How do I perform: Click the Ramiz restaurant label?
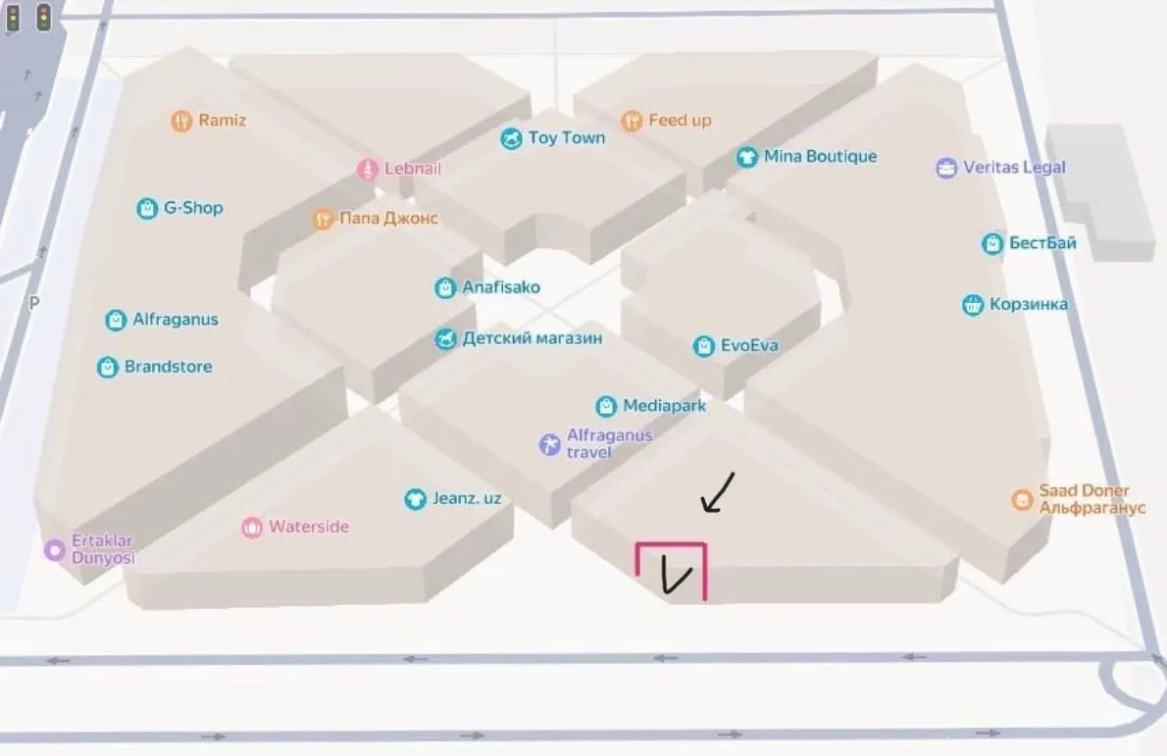tap(222, 121)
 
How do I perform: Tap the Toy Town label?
tap(567, 137)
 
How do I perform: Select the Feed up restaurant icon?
tap(632, 121)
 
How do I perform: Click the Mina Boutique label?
tap(820, 156)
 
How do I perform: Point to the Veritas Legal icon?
tap(946, 169)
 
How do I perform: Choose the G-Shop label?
tap(193, 208)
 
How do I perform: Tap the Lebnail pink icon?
tap(368, 170)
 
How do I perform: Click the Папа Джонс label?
tap(388, 219)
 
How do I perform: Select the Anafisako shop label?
tap(501, 287)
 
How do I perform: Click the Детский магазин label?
tap(533, 338)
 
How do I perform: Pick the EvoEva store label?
tap(748, 345)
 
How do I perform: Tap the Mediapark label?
tap(665, 406)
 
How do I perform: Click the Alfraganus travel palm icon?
tap(549, 445)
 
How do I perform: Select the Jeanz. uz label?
tap(467, 498)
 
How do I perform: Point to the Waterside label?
tap(309, 527)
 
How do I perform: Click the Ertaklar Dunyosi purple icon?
tap(54, 551)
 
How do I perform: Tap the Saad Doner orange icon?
tap(1022, 499)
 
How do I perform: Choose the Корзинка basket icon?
tap(973, 305)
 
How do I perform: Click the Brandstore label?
tap(169, 367)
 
